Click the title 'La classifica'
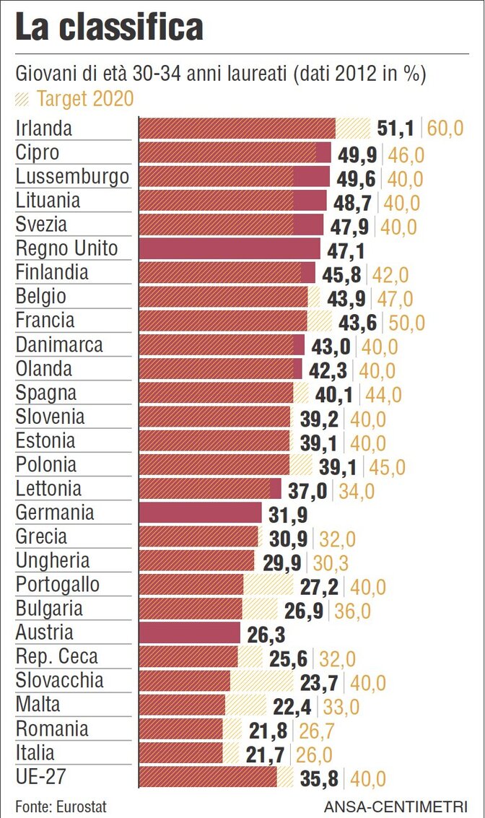pos(109,28)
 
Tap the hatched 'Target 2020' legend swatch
pos(23,98)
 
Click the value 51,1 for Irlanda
pos(395,129)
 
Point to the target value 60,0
pos(445,129)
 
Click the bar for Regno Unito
pos(229,249)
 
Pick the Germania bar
pos(200,513)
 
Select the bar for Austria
pos(189,633)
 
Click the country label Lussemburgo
pos(72,177)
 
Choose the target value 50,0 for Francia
pos(407,322)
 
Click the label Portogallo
pos(58,585)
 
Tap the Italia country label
pos(35,753)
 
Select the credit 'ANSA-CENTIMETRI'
pos(395,806)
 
